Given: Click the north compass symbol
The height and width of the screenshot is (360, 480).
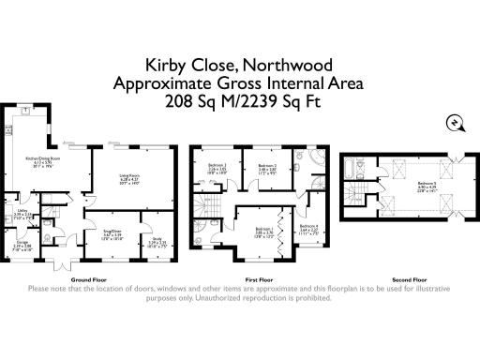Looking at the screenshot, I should (453, 123).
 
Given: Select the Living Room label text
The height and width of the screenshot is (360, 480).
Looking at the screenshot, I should (129, 175).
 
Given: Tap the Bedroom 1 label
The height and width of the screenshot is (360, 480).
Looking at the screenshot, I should (265, 228).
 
